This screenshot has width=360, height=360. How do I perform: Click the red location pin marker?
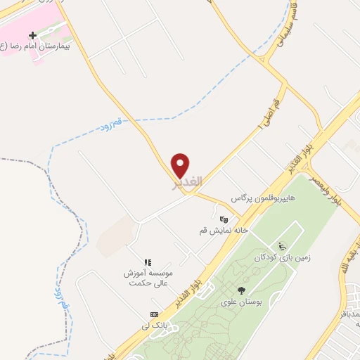click(181, 165)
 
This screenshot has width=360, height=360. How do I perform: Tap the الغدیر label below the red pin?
click(188, 182)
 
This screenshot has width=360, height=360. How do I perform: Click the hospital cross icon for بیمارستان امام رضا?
click(32, 34)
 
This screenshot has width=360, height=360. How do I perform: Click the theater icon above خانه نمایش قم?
click(224, 219)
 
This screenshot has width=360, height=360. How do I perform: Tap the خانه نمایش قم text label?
click(221, 230)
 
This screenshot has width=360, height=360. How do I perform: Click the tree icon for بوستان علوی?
click(242, 290)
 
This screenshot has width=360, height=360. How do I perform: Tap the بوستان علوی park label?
click(241, 302)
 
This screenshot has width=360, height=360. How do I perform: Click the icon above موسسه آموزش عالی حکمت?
click(148, 262)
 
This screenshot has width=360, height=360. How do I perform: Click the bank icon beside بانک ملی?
click(154, 314)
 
